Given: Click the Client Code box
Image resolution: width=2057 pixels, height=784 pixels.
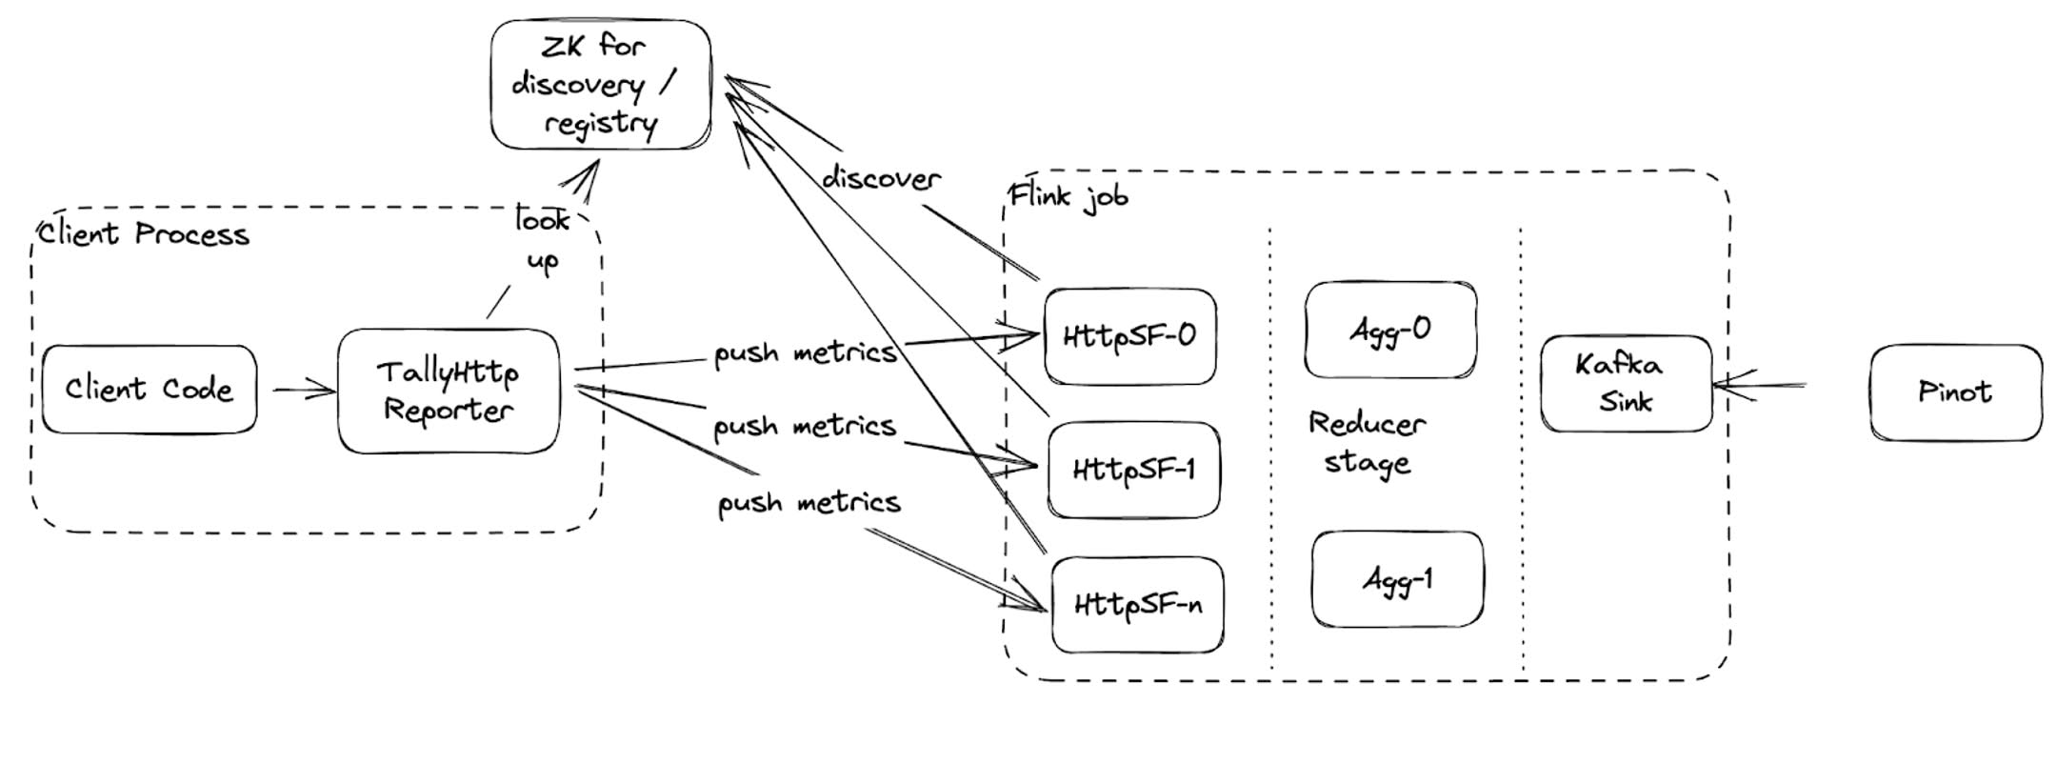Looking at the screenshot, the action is click(150, 390).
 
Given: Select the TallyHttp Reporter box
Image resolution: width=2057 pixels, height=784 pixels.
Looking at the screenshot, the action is click(449, 392).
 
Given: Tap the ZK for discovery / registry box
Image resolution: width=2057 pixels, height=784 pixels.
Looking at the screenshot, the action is click(601, 85).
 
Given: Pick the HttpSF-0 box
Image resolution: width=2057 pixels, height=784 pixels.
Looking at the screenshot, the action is click(1129, 336).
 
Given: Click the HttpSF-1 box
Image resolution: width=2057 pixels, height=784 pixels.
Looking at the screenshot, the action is click(1133, 470).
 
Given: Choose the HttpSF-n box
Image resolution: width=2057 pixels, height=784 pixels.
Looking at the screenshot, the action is click(1137, 605).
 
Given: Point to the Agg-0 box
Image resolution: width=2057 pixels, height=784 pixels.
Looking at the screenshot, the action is click(1390, 330).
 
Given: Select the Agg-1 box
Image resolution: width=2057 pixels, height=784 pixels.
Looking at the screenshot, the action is click(1397, 579).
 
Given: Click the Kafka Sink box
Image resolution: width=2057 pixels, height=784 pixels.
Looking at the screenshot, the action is click(1626, 384).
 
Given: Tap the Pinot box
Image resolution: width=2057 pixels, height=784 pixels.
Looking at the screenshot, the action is click(1956, 392).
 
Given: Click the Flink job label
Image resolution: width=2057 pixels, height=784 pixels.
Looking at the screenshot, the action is click(1068, 196).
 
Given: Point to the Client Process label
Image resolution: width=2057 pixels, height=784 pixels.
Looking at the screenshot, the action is click(144, 233).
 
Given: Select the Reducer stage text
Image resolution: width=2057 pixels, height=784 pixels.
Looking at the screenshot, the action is click(1367, 443).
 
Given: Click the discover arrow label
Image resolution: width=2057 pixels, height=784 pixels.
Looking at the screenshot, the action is click(881, 178).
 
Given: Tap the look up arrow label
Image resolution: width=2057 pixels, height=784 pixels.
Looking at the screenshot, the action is click(542, 239).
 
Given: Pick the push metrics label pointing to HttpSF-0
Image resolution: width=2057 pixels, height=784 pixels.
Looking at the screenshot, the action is click(806, 352).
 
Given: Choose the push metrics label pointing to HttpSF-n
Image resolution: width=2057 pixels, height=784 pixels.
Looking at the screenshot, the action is click(809, 502).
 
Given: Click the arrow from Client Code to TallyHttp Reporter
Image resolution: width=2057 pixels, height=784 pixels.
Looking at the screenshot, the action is click(305, 389).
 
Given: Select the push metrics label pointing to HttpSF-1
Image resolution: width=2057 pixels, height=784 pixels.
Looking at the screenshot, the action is click(805, 426).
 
